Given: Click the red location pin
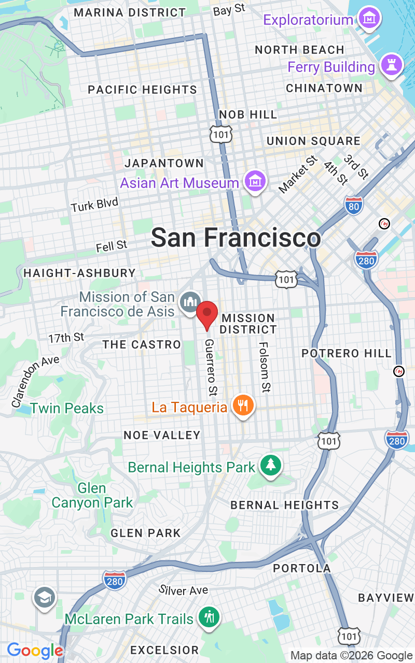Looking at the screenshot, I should [208, 314].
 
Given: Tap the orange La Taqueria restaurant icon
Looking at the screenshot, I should [242, 405].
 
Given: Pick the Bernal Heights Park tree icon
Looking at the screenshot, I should [270, 465].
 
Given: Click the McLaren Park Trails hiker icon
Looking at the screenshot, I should [209, 616].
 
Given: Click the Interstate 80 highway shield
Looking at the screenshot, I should [354, 206].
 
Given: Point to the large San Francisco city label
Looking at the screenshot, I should [236, 238].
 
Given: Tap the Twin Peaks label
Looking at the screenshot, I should [67, 408].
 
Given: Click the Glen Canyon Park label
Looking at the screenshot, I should [92, 496].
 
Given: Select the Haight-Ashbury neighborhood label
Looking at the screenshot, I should [79, 273].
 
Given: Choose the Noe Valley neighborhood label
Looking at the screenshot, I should [162, 435].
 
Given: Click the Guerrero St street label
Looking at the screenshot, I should [211, 366].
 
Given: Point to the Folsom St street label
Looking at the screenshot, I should [265, 367].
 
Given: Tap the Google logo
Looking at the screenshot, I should [35, 651].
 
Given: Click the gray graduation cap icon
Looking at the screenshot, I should [45, 598].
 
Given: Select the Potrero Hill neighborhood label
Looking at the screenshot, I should [347, 353].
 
